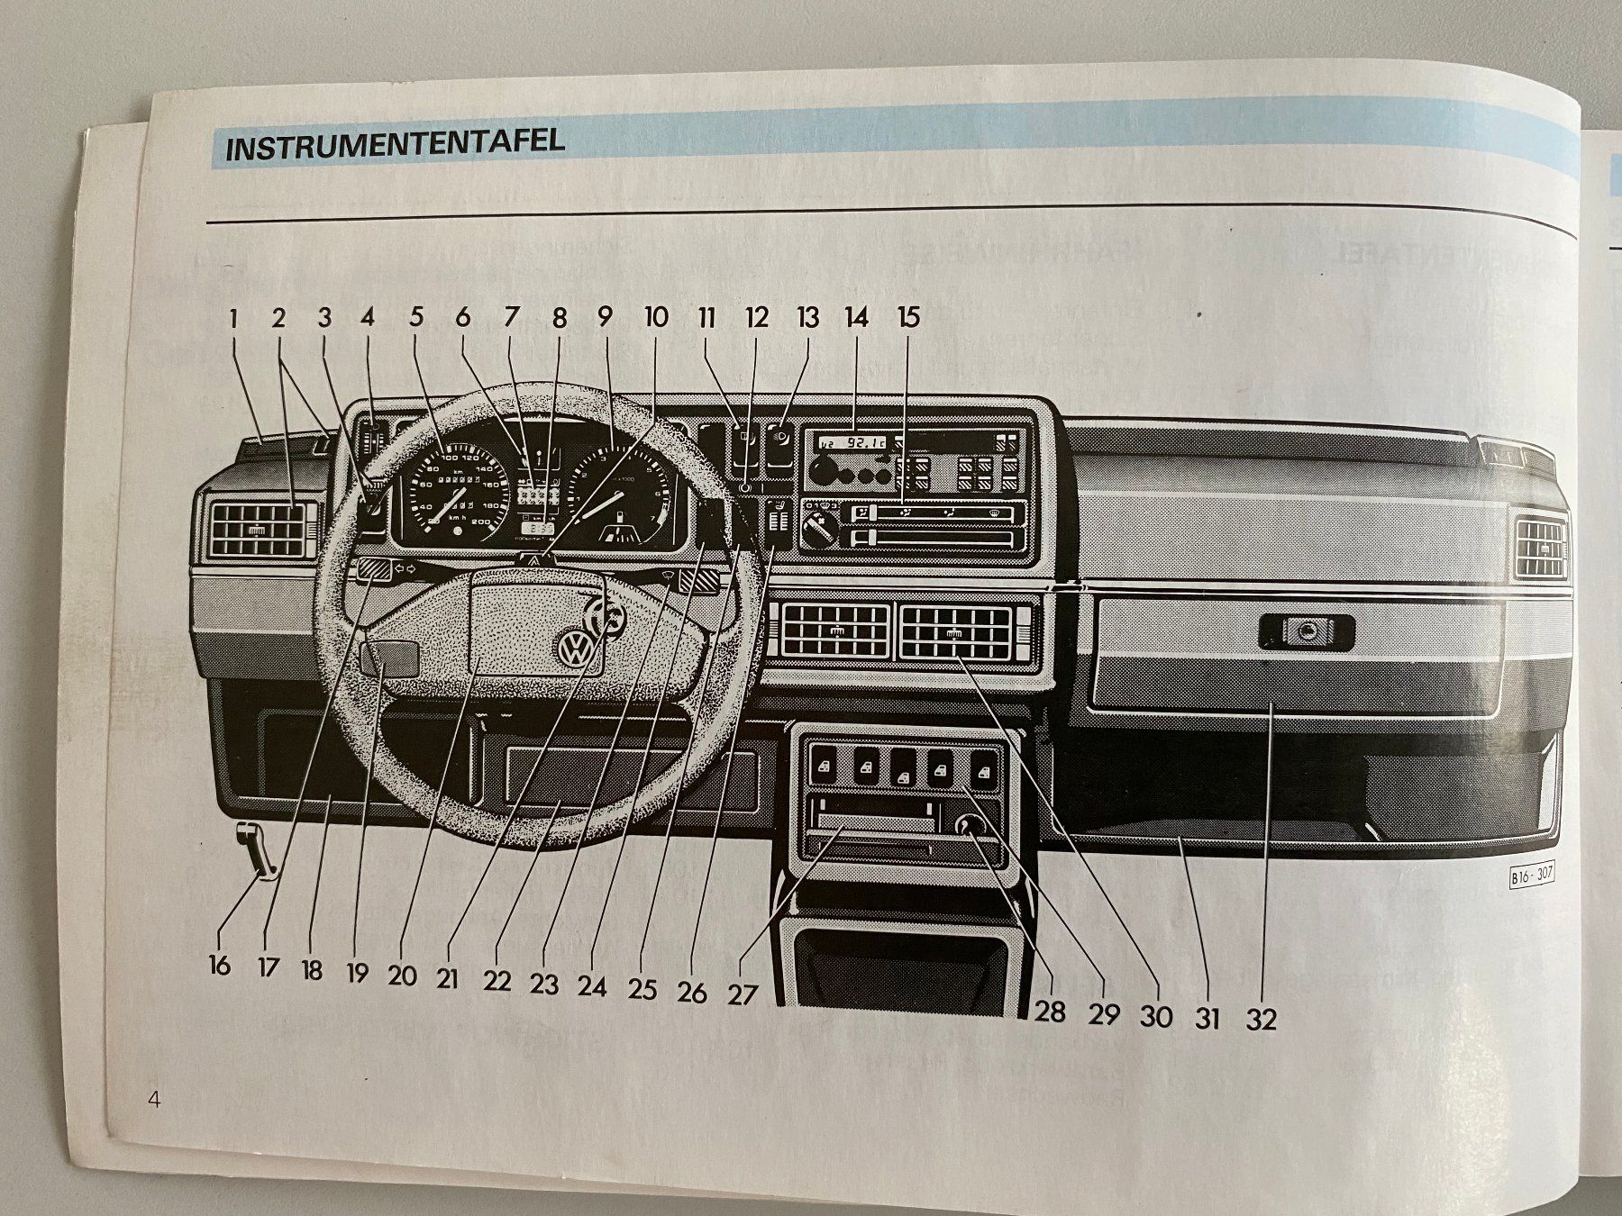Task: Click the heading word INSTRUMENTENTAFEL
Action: click(x=395, y=144)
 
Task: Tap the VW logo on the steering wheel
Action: click(x=574, y=649)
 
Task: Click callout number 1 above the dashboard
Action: click(x=233, y=318)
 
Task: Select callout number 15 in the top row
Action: click(x=908, y=317)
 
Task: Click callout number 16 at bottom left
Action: click(x=219, y=966)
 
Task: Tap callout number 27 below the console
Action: click(x=743, y=994)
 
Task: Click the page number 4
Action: click(x=154, y=1100)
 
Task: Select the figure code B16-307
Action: click(x=1533, y=876)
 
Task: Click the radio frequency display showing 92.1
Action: click(x=852, y=442)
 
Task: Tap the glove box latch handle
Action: click(x=1306, y=632)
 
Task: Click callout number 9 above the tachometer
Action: click(x=605, y=317)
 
